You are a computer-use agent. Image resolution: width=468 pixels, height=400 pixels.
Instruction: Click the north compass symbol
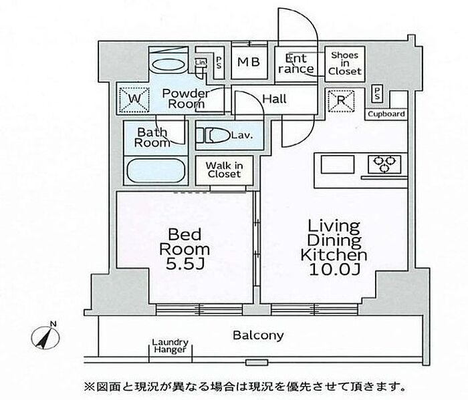tap(45, 337)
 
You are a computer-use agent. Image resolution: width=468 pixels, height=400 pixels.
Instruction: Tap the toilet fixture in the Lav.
tap(213, 136)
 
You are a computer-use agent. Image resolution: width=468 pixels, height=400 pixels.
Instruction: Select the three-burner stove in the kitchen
tap(384, 164)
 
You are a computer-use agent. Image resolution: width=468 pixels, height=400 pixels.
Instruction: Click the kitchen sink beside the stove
tap(338, 164)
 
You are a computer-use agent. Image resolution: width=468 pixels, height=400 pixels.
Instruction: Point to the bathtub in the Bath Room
tap(156, 170)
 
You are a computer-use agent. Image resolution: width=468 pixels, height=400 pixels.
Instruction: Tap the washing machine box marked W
tap(134, 99)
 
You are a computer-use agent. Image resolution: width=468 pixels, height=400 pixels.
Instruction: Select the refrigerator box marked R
tap(341, 100)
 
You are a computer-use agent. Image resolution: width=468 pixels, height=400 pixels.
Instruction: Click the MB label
tap(249, 62)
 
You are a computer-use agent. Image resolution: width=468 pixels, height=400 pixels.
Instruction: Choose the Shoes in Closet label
tap(345, 63)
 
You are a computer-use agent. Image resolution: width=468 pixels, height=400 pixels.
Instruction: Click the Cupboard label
tap(386, 114)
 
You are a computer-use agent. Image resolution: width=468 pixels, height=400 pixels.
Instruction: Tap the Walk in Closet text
tap(224, 170)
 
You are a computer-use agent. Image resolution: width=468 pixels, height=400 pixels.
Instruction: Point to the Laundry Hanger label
tap(170, 346)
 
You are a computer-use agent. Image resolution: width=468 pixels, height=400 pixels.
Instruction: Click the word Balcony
tap(258, 335)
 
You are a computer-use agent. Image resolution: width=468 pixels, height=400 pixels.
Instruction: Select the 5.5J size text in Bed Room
tap(185, 264)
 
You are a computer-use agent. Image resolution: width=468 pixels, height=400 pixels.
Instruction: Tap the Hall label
tap(274, 99)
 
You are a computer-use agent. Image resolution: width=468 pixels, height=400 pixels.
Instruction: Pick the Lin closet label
tap(201, 62)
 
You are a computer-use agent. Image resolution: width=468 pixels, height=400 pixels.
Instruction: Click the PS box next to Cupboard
tap(377, 93)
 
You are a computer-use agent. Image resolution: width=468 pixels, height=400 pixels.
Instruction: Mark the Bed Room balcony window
tap(199, 310)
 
